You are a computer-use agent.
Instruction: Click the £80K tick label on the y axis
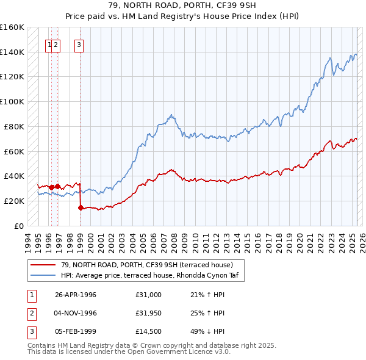(x=13, y=126)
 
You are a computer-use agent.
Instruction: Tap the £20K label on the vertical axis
(x=13, y=201)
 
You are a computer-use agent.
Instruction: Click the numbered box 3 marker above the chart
(x=79, y=44)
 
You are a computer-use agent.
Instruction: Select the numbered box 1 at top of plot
(x=49, y=44)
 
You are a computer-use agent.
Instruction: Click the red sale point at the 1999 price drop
(x=81, y=207)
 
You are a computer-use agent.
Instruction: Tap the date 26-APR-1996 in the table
(x=76, y=295)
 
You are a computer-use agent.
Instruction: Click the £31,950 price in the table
(x=149, y=313)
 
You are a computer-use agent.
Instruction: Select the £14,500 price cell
(x=149, y=331)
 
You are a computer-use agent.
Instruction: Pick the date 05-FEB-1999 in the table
(x=76, y=331)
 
